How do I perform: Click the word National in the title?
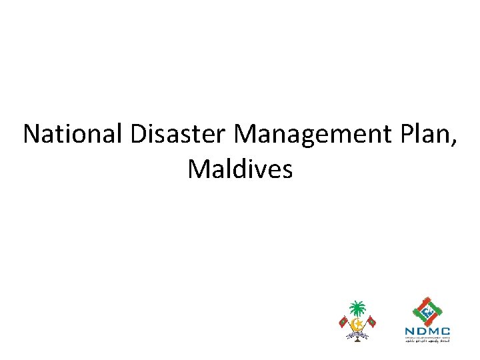(x=72, y=135)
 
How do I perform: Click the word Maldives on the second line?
(x=240, y=169)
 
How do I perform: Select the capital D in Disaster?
(x=139, y=135)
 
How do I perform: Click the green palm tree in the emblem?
(x=358, y=309)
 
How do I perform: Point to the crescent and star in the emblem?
(x=358, y=325)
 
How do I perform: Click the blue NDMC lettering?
(x=427, y=331)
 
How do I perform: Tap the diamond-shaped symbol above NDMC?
(x=427, y=310)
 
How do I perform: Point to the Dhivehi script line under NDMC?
(x=427, y=341)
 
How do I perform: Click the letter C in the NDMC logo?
(x=445, y=331)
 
